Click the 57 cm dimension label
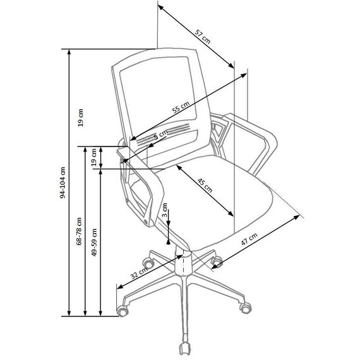coord(203,36)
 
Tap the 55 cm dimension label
coord(181,107)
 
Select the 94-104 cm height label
coord(63,183)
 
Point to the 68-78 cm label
coord(79,231)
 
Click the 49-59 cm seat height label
coord(94,243)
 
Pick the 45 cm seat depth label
coord(205,185)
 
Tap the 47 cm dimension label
coord(249,239)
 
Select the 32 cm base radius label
coord(139,273)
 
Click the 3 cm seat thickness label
coord(165,210)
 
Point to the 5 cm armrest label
coord(161,135)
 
